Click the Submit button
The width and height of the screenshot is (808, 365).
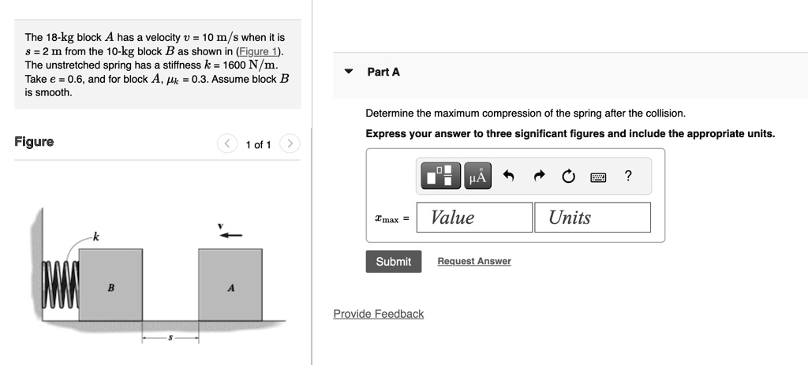click(x=393, y=262)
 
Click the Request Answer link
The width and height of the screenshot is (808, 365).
click(x=473, y=262)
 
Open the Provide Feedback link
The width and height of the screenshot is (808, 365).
click(x=378, y=314)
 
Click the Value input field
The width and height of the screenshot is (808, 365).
click(x=474, y=218)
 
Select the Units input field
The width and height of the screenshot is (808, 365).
click(x=592, y=218)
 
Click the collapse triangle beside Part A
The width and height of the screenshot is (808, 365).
click(x=349, y=72)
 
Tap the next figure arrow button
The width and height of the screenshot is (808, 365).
click(x=290, y=144)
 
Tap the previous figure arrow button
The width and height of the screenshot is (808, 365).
click(x=226, y=144)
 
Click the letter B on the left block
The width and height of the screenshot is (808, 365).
click(x=110, y=288)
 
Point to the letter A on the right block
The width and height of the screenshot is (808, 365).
click(x=230, y=288)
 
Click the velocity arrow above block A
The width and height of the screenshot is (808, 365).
click(x=231, y=235)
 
